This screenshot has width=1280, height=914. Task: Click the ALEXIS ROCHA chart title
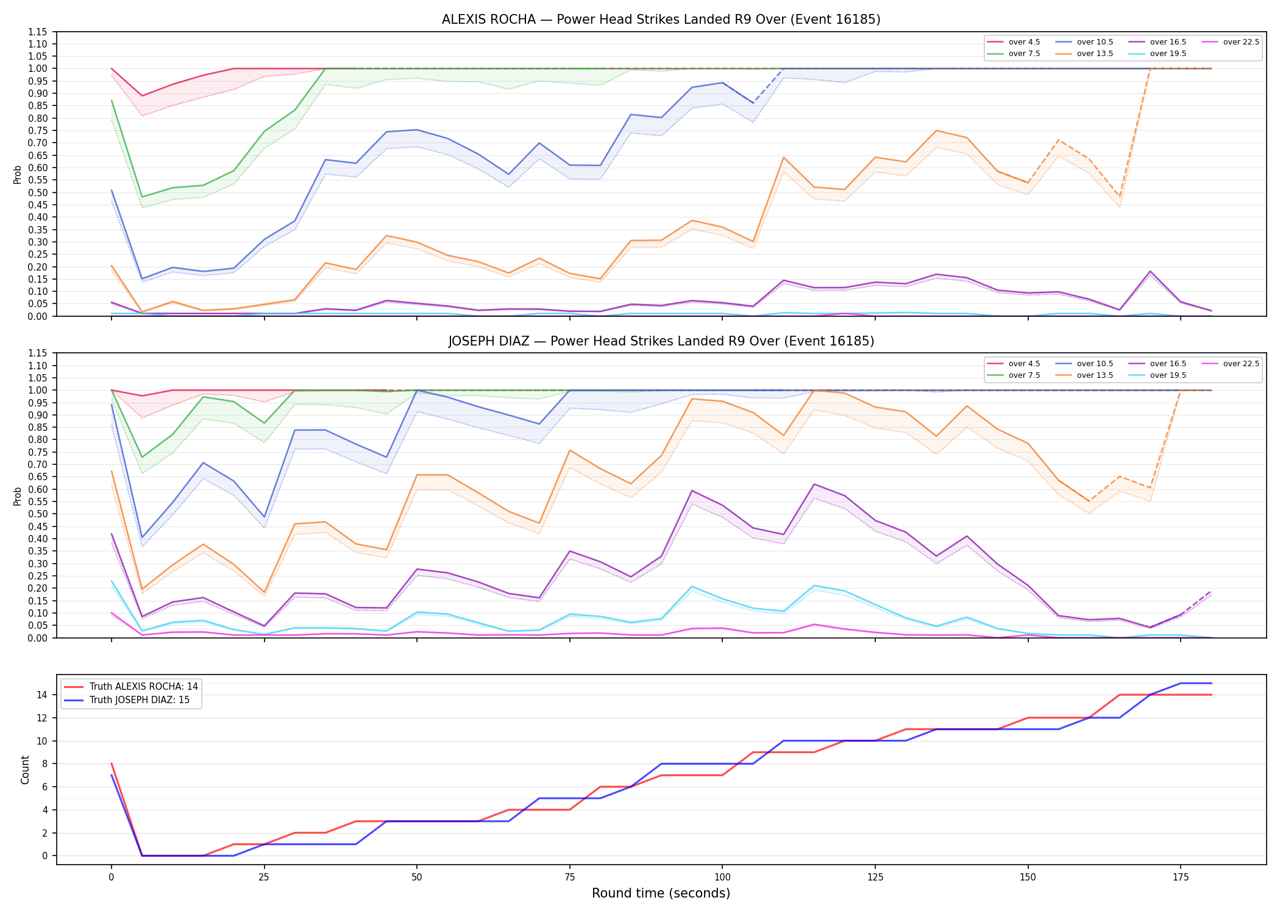(x=661, y=19)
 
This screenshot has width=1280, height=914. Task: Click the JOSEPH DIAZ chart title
(x=661, y=341)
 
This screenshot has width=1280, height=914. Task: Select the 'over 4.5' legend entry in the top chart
(x=1014, y=42)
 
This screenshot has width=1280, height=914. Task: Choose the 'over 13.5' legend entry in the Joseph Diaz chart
(x=1086, y=375)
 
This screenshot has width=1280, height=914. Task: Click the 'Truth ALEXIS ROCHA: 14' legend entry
(x=131, y=687)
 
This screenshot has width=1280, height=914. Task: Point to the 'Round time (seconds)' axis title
(x=661, y=893)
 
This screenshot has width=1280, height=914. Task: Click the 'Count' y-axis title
(x=25, y=770)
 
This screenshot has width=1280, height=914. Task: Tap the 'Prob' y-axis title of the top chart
(x=18, y=174)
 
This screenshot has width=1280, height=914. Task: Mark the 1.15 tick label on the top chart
(x=38, y=32)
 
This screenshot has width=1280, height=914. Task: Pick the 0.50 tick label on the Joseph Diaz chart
(x=38, y=514)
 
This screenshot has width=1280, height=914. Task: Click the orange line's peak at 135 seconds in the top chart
(x=936, y=130)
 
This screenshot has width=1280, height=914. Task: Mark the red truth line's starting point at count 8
(x=112, y=763)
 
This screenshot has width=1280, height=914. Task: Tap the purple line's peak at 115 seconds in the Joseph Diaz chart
(x=814, y=484)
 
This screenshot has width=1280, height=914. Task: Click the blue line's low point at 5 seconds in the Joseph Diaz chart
(x=142, y=537)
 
